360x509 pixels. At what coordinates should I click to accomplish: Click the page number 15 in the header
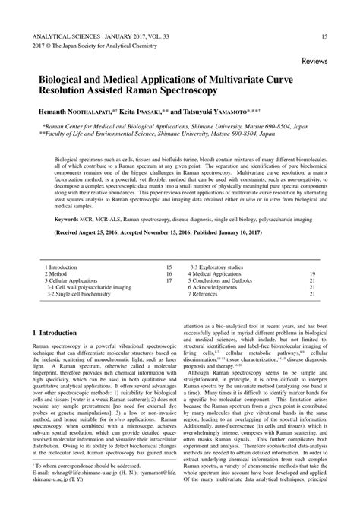click(325, 36)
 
